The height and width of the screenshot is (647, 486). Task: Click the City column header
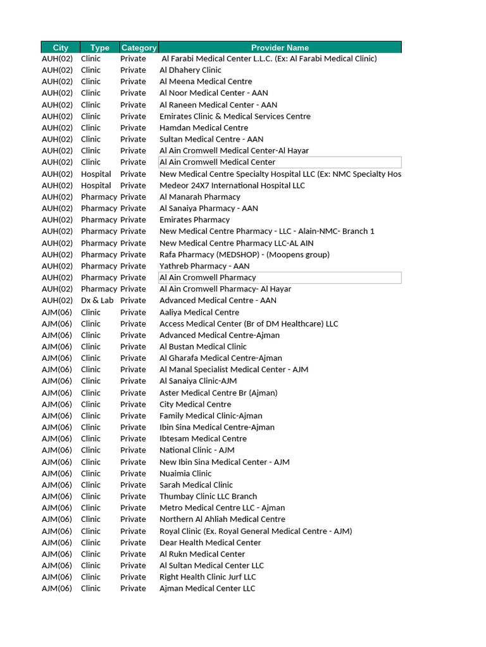[60, 47]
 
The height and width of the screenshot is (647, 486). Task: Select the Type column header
[99, 47]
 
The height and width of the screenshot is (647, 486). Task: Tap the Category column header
[139, 47]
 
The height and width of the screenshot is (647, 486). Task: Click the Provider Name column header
[280, 47]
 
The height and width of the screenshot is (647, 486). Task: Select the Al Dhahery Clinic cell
[190, 70]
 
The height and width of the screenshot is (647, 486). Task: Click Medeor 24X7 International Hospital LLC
[232, 186]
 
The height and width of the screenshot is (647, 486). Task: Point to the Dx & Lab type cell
[97, 301]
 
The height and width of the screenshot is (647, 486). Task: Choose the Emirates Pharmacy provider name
[194, 220]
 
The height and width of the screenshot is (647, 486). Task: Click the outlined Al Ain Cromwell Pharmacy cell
[280, 277]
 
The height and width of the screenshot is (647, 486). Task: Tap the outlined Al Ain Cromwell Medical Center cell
[280, 162]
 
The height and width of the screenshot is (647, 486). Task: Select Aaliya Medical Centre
[199, 312]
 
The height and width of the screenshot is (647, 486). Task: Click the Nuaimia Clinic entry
[185, 473]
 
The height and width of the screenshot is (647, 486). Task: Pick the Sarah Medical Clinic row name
[196, 485]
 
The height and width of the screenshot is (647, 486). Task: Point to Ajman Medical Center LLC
[207, 589]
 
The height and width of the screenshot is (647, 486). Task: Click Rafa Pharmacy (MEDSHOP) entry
[244, 255]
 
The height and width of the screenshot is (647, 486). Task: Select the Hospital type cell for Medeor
[96, 186]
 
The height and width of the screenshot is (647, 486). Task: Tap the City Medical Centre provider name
[195, 404]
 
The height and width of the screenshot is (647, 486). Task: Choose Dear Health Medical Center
[210, 543]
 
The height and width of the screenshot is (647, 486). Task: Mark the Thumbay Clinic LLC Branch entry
[208, 497]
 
